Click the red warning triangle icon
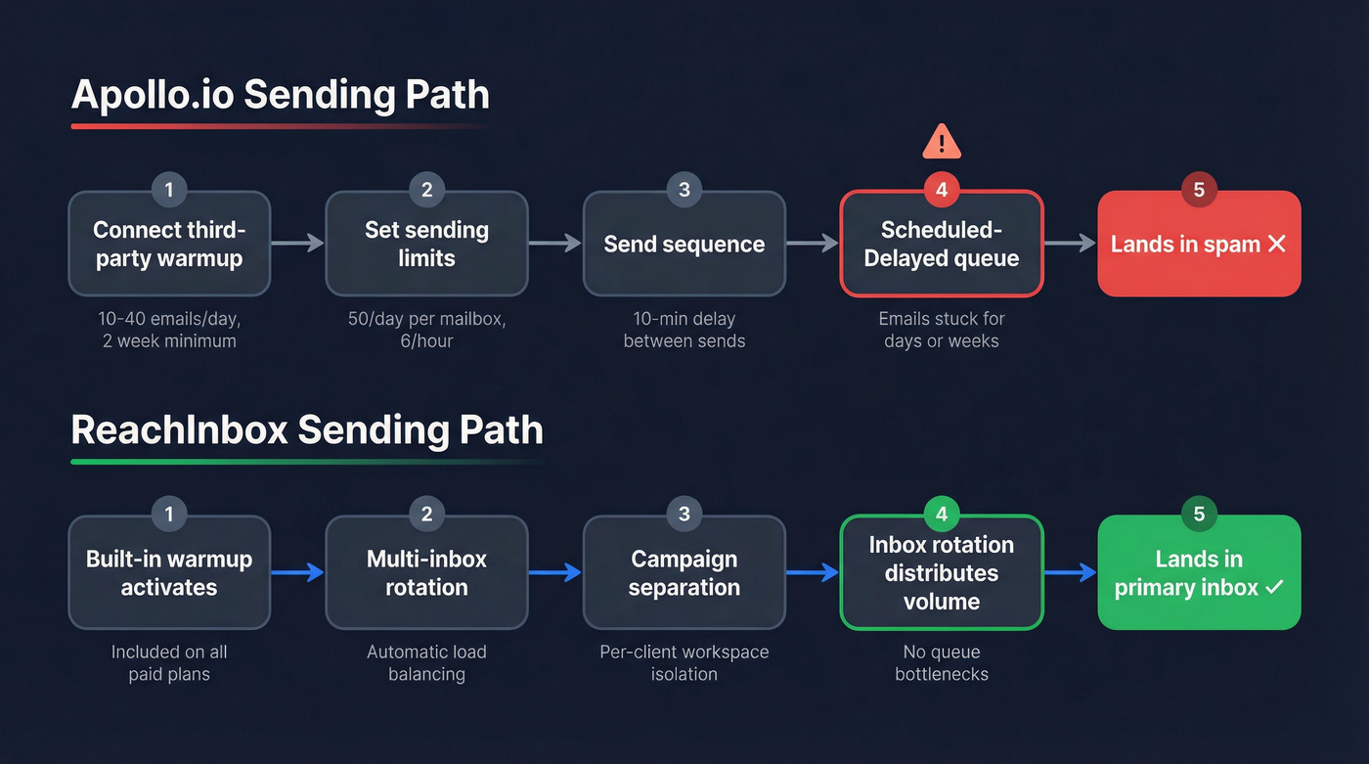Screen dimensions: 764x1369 tap(942, 142)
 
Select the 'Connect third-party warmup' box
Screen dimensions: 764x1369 tap(169, 244)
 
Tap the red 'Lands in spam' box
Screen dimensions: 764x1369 tap(1199, 244)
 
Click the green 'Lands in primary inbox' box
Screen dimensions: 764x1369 tap(1199, 572)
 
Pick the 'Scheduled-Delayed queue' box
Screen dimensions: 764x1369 tap(942, 244)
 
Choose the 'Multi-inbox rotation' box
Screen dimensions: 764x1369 tap(426, 572)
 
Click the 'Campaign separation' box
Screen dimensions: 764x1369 tap(684, 572)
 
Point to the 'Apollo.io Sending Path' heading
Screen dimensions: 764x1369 tap(281, 95)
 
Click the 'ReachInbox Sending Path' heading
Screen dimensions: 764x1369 tap(307, 429)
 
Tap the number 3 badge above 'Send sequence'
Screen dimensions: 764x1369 tap(684, 190)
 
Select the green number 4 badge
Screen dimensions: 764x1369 tap(942, 515)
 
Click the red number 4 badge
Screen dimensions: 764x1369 tap(942, 190)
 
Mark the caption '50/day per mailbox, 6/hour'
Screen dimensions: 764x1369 tap(426, 330)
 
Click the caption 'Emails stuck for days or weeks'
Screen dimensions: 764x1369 tap(942, 330)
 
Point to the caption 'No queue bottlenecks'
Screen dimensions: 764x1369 tap(942, 662)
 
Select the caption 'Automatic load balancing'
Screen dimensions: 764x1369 tap(426, 662)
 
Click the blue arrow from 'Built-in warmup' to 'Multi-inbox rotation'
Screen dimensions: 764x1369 tap(297, 572)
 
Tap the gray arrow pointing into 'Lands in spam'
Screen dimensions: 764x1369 tap(1070, 244)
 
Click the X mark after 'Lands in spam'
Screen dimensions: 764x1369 tap(1276, 244)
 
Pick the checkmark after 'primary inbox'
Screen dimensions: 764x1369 tap(1274, 587)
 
